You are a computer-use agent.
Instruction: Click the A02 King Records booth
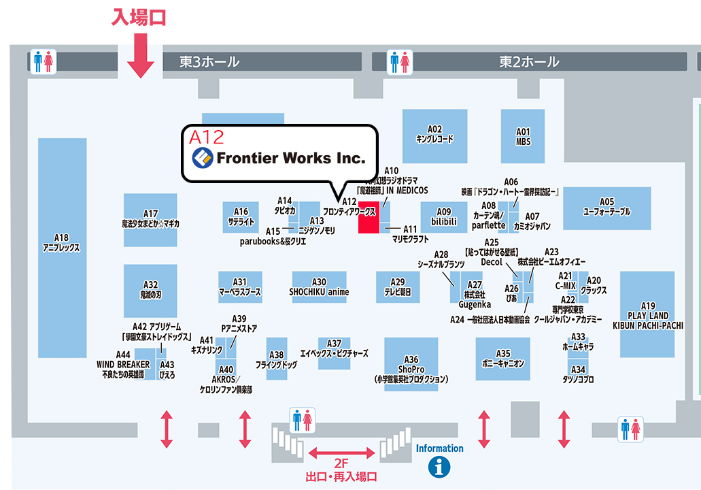click(434, 135)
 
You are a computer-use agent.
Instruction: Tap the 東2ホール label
click(529, 62)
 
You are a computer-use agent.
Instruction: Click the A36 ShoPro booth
click(411, 364)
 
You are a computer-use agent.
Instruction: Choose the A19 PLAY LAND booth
click(647, 314)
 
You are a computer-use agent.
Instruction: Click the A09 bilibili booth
click(443, 217)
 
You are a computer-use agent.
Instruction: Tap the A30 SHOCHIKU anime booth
click(319, 287)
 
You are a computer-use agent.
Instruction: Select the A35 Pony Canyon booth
click(502, 358)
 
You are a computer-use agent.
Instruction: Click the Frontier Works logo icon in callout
click(202, 159)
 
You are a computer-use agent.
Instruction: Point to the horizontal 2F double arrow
click(342, 453)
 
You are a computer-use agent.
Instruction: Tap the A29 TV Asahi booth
click(398, 287)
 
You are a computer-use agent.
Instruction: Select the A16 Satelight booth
click(241, 216)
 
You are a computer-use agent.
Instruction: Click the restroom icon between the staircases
click(302, 420)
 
